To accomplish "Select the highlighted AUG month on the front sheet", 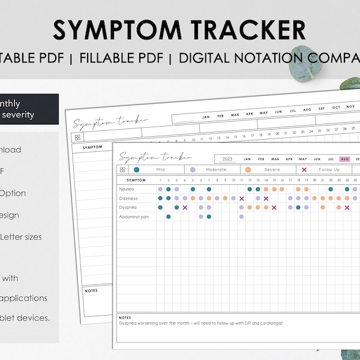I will point(344,159).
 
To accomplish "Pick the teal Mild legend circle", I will point(137,170).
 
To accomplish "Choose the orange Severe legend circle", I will point(248,170).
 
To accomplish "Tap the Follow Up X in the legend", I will point(304,170).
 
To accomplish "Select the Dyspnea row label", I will point(127,208).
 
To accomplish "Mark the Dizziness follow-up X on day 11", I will point(241,198).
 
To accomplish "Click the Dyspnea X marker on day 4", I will point(185,208).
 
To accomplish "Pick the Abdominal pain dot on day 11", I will point(241,217).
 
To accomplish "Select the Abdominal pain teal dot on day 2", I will point(169,217).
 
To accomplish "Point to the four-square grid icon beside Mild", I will point(123,170).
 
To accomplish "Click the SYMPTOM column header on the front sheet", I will point(136,179).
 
